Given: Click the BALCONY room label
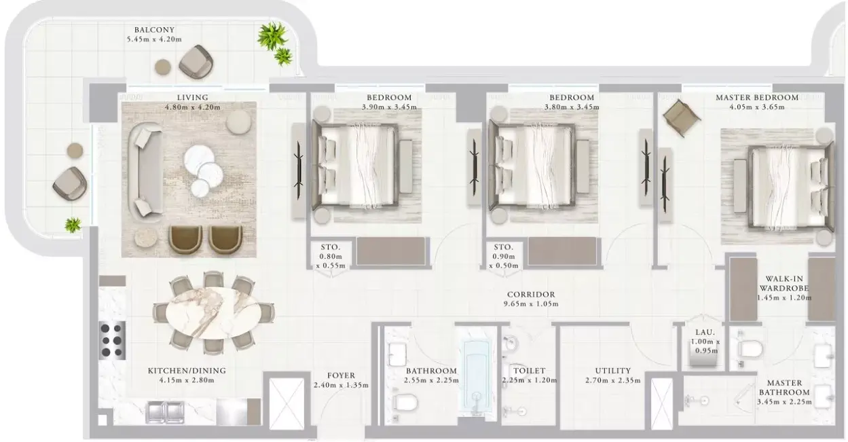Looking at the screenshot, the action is [154, 29].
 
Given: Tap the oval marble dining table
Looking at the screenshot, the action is [213, 313].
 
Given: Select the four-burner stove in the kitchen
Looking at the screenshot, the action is [112, 341].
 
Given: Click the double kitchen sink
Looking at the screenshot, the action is [165, 412].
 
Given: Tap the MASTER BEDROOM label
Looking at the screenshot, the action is [757, 97].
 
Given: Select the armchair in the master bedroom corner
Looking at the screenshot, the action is [682, 118].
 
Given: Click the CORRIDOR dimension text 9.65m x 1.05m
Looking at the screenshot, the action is [531, 303].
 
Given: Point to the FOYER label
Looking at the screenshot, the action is [341, 375].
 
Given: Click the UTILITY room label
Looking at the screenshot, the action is [613, 371].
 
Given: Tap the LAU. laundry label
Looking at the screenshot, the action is [705, 332].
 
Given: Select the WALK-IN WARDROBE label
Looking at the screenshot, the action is [784, 283].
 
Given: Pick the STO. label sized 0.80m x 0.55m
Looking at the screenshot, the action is [331, 247].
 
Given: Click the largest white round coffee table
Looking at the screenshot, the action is [199, 160].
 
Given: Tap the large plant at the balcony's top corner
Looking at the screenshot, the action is [272, 35].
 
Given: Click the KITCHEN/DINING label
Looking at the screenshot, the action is [187, 371].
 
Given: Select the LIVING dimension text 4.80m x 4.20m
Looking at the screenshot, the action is [192, 107].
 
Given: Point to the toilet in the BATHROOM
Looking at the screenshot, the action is [405, 402].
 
